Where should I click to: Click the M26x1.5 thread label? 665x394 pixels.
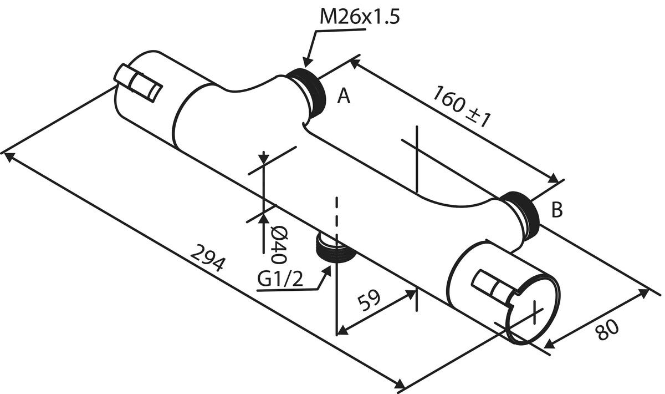coord(360,17)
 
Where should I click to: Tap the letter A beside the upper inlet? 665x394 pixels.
coord(344,97)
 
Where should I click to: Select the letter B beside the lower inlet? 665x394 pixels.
coord(557,210)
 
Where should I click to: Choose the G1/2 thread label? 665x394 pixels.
coord(281,280)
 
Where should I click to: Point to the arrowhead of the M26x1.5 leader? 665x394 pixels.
coord(306,65)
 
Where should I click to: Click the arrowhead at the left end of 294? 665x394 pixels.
coord(8,156)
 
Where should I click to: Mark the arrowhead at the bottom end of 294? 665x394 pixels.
coord(400,385)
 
